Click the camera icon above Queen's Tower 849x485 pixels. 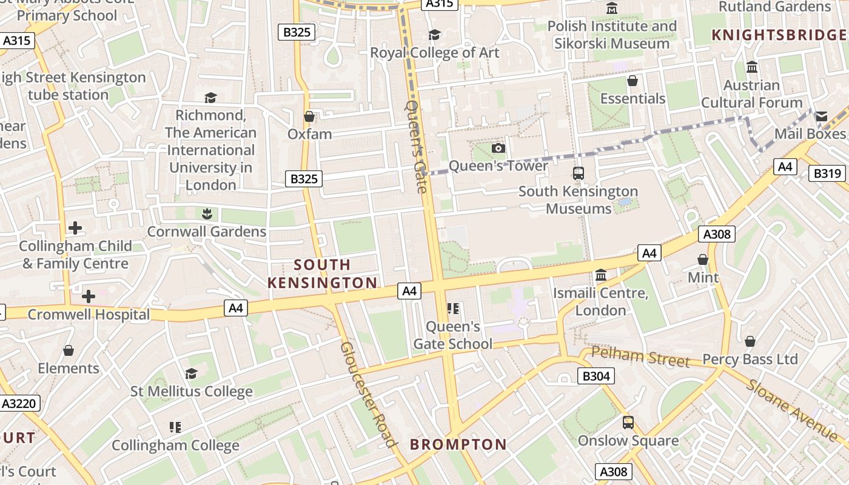[x=498, y=149]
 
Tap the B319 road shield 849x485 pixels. [x=827, y=173]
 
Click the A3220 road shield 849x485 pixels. [x=20, y=403]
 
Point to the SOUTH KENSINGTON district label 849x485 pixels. [x=322, y=273]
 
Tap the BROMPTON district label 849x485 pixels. [x=458, y=444]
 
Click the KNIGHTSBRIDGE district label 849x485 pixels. [x=779, y=35]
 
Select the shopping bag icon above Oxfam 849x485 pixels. [x=309, y=116]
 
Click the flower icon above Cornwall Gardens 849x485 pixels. [x=207, y=213]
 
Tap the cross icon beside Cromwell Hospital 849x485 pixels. [x=89, y=296]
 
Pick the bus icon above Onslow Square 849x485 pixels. [x=628, y=423]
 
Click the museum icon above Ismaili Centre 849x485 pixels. [x=601, y=276]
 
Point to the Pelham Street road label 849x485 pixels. [x=640, y=356]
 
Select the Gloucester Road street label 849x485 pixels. [x=368, y=394]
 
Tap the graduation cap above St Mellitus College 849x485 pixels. [x=192, y=373]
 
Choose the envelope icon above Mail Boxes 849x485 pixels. [x=821, y=116]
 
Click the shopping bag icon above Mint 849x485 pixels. [x=703, y=259]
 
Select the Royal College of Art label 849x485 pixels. [x=435, y=53]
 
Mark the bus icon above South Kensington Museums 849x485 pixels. [x=579, y=173]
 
